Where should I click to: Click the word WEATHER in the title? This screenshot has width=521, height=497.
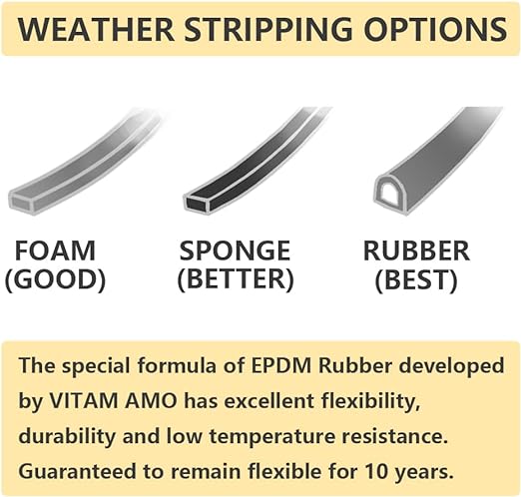(x=96, y=29)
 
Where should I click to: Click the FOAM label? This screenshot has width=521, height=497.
(x=55, y=250)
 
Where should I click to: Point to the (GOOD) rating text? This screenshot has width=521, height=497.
(x=55, y=278)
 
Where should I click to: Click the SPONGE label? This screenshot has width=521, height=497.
(x=235, y=250)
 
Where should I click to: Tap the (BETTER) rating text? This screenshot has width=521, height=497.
(x=236, y=278)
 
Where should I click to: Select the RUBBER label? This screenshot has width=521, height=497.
(x=416, y=250)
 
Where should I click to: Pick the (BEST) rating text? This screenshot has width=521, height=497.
(x=416, y=278)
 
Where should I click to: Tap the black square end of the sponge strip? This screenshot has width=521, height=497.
(x=198, y=203)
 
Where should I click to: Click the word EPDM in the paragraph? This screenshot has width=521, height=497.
(x=281, y=365)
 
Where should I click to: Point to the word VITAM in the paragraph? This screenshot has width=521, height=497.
(x=83, y=401)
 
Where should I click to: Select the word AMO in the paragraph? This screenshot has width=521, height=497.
(x=152, y=401)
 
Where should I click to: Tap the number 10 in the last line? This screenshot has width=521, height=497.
(x=375, y=471)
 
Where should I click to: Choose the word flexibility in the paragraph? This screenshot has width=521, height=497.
(x=369, y=401)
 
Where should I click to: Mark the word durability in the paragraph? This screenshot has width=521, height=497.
(x=67, y=436)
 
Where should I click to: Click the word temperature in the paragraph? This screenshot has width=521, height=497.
(x=271, y=437)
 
